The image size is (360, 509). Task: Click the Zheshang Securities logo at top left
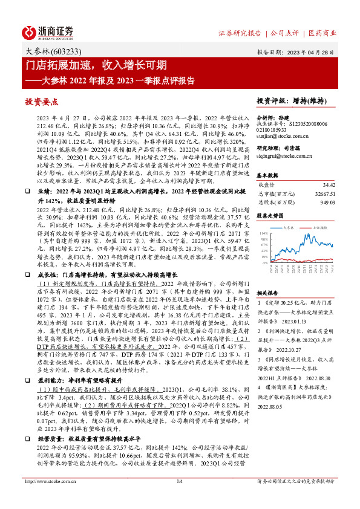[x=48, y=31]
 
